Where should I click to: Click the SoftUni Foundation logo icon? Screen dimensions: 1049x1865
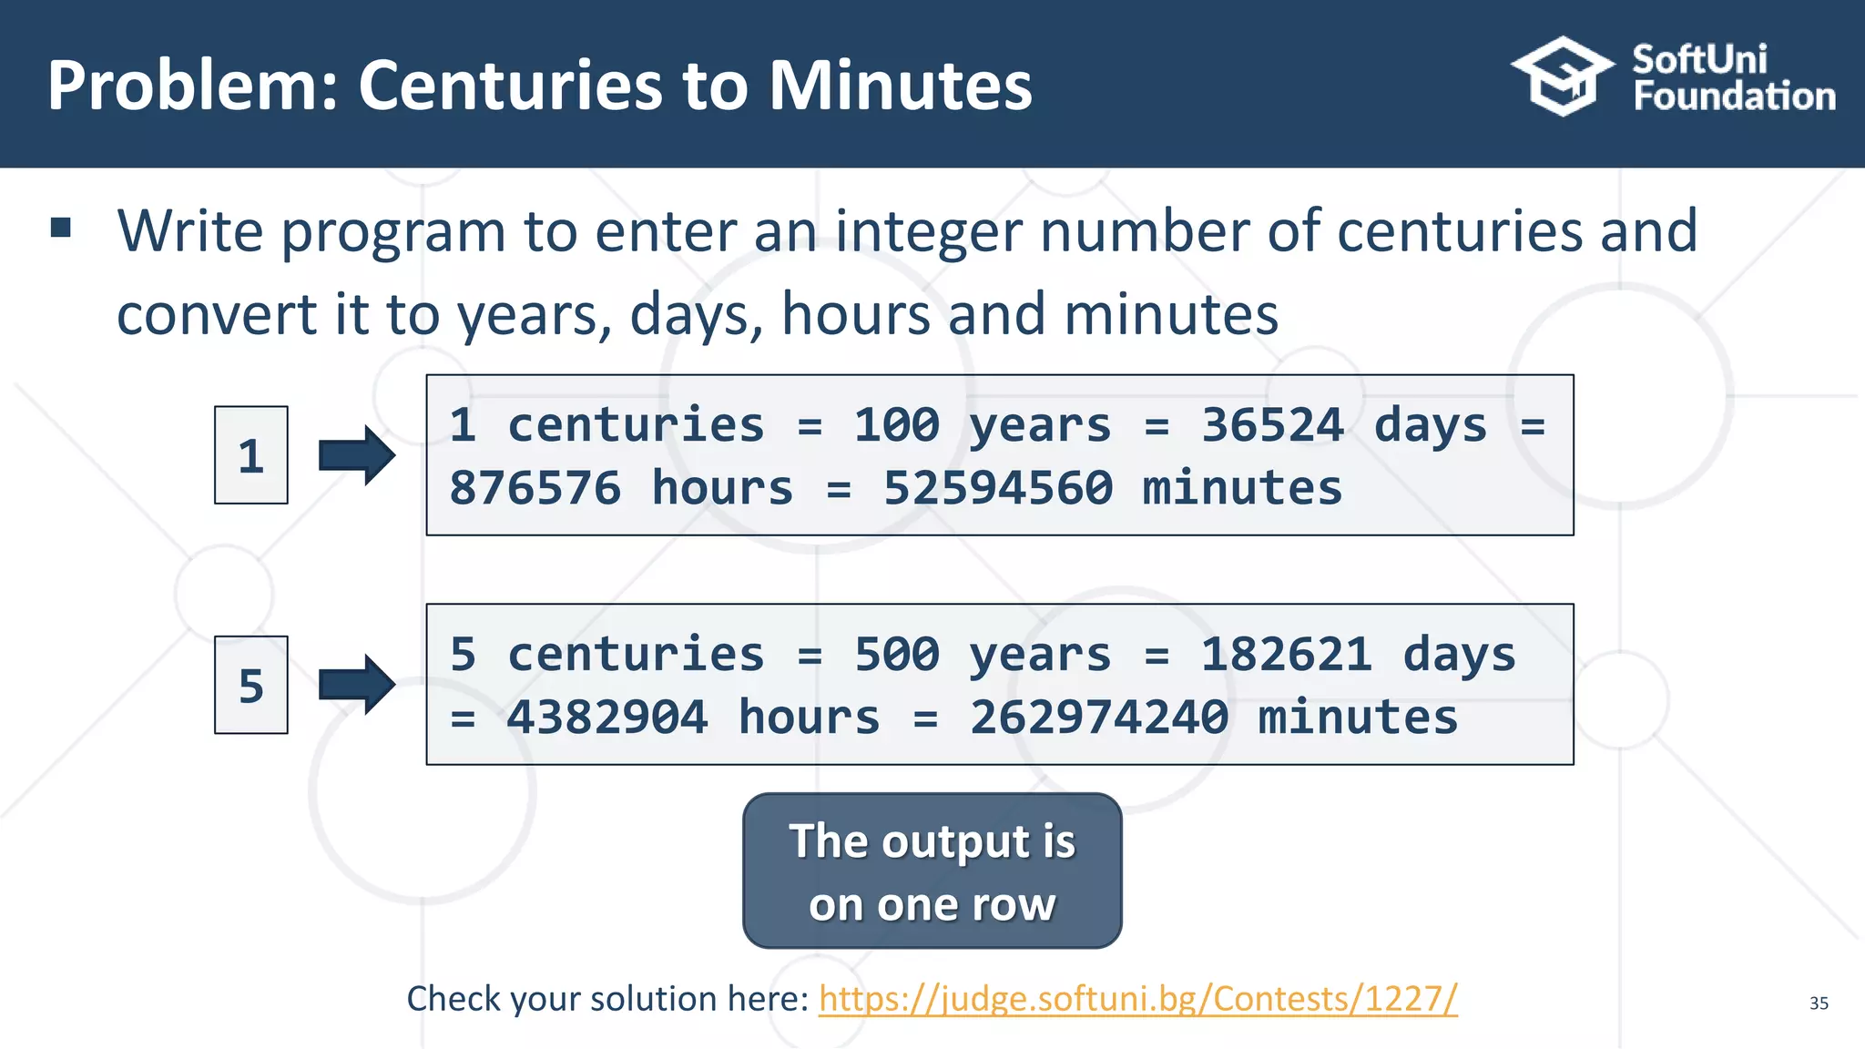(1562, 76)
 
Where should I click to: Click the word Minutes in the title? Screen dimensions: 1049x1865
(901, 86)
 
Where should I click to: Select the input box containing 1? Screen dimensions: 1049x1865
(251, 455)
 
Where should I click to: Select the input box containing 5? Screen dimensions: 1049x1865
(251, 685)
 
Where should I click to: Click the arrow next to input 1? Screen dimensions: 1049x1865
(357, 455)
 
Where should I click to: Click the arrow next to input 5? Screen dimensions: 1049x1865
(357, 685)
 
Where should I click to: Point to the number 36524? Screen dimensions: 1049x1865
(1271, 425)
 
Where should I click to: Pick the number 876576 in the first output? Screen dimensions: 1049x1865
(535, 488)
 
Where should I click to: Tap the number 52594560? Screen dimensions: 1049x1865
(997, 488)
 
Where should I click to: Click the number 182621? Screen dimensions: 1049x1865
(1286, 655)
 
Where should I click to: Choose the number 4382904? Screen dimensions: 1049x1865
(606, 718)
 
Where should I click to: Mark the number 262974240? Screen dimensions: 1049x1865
(1098, 718)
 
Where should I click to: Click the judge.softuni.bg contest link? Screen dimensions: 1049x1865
(1137, 999)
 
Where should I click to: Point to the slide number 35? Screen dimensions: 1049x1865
(1819, 1003)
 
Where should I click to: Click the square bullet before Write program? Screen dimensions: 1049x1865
(61, 228)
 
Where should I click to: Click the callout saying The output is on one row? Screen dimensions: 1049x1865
(932, 871)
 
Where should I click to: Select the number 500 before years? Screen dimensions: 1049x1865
(896, 655)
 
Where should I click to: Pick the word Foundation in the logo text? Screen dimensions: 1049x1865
(1734, 97)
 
